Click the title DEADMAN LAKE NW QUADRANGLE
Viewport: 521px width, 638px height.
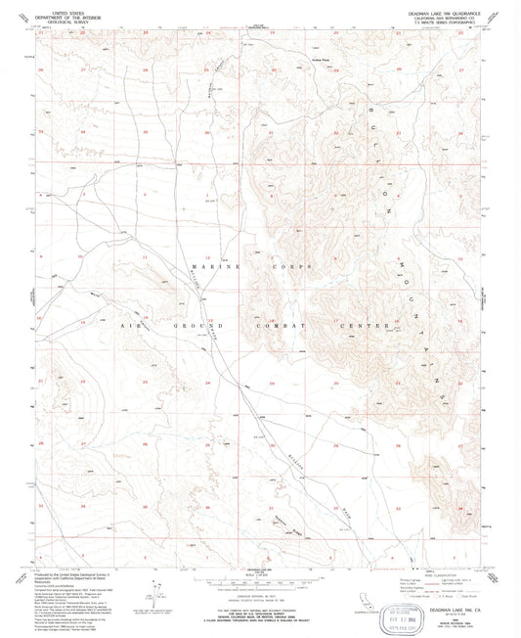(x=436, y=7)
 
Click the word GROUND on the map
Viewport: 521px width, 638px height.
(x=195, y=324)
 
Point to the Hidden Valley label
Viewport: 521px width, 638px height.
(x=293, y=61)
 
